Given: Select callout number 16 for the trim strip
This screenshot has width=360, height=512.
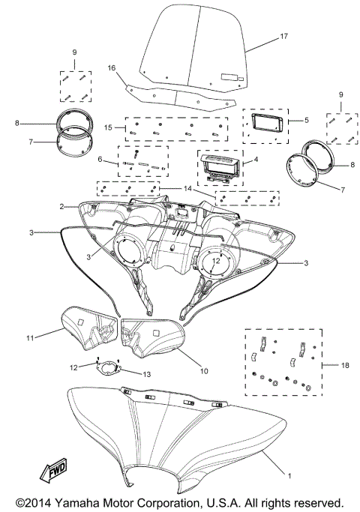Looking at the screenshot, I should [112, 67].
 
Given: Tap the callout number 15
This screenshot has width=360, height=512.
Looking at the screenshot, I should [109, 128].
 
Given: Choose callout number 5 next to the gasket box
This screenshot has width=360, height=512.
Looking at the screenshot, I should [306, 119].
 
